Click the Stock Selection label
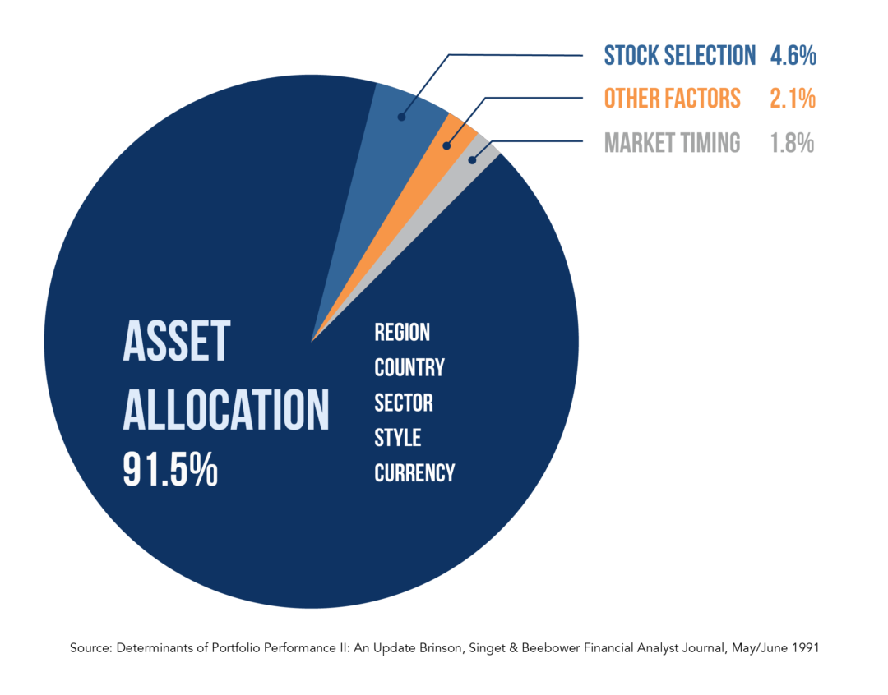(680, 56)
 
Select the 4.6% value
(793, 56)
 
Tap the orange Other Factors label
(673, 99)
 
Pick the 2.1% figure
(793, 99)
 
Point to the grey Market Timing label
(673, 143)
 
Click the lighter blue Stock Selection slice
(385, 159)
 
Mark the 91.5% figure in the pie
(170, 469)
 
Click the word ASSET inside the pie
(177, 341)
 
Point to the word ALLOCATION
(226, 410)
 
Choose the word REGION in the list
(402, 332)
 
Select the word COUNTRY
(409, 367)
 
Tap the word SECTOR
(404, 403)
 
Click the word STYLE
(398, 438)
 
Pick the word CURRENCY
(414, 472)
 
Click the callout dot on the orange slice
(446, 146)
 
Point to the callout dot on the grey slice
(472, 160)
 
